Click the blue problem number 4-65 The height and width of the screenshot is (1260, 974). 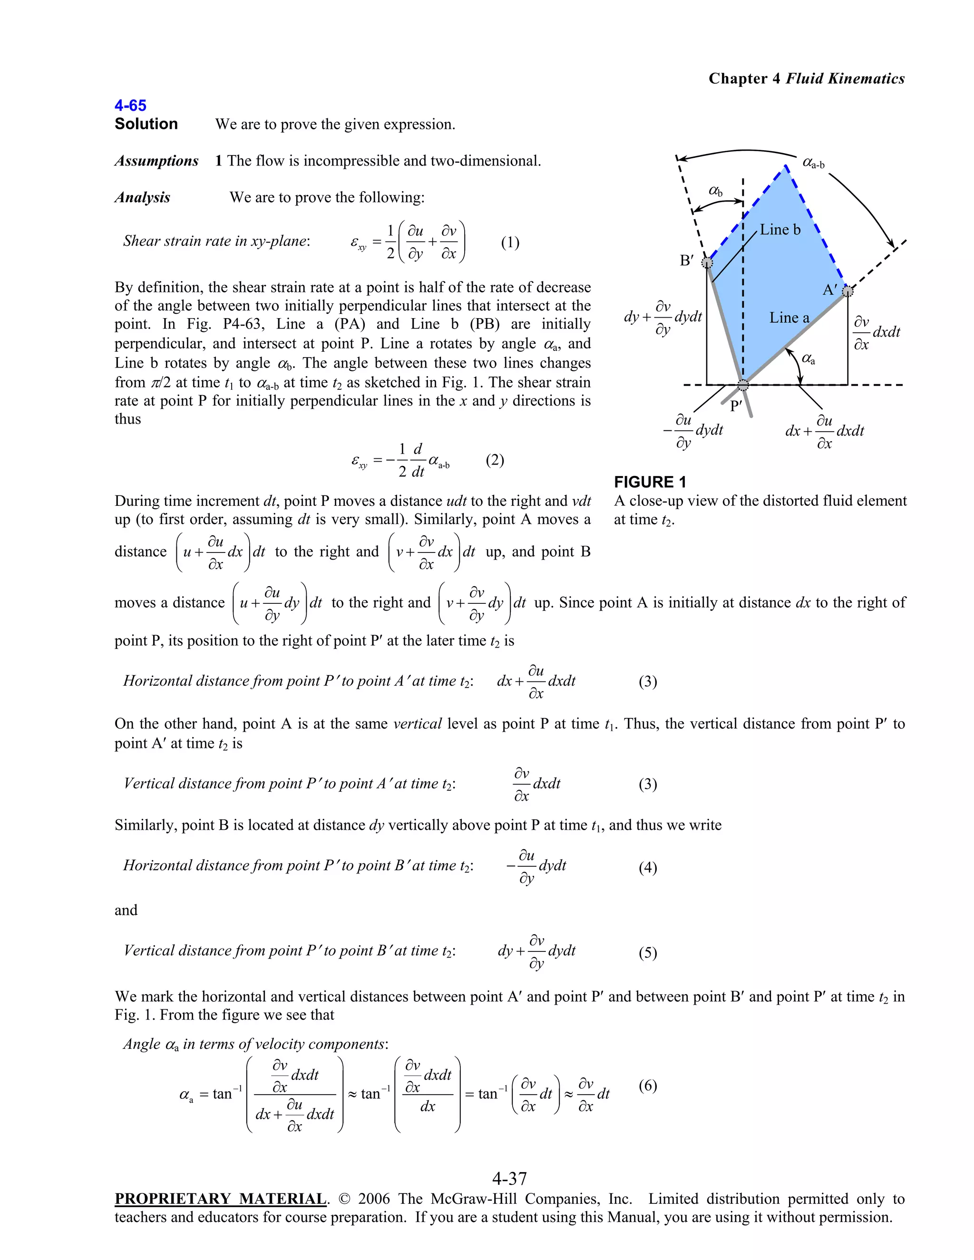coord(130,106)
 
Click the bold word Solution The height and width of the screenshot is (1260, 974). coord(146,124)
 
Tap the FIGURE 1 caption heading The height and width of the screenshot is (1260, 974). coord(650,482)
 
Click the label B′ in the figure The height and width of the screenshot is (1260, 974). coord(687,261)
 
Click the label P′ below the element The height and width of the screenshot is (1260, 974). coord(736,406)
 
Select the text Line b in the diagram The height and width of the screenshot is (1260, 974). coord(780,230)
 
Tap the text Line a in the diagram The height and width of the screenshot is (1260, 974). coord(789,318)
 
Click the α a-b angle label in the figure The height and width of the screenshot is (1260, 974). coord(814,163)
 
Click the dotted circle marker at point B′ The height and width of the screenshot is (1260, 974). coord(707,263)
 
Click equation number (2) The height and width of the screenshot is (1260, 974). coord(495,460)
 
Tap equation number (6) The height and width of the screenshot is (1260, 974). coord(647,1086)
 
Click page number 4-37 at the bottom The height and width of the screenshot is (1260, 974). coord(509,1178)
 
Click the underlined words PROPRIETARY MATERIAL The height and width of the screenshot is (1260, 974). coord(220,1199)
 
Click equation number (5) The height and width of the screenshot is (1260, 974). coord(647,952)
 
